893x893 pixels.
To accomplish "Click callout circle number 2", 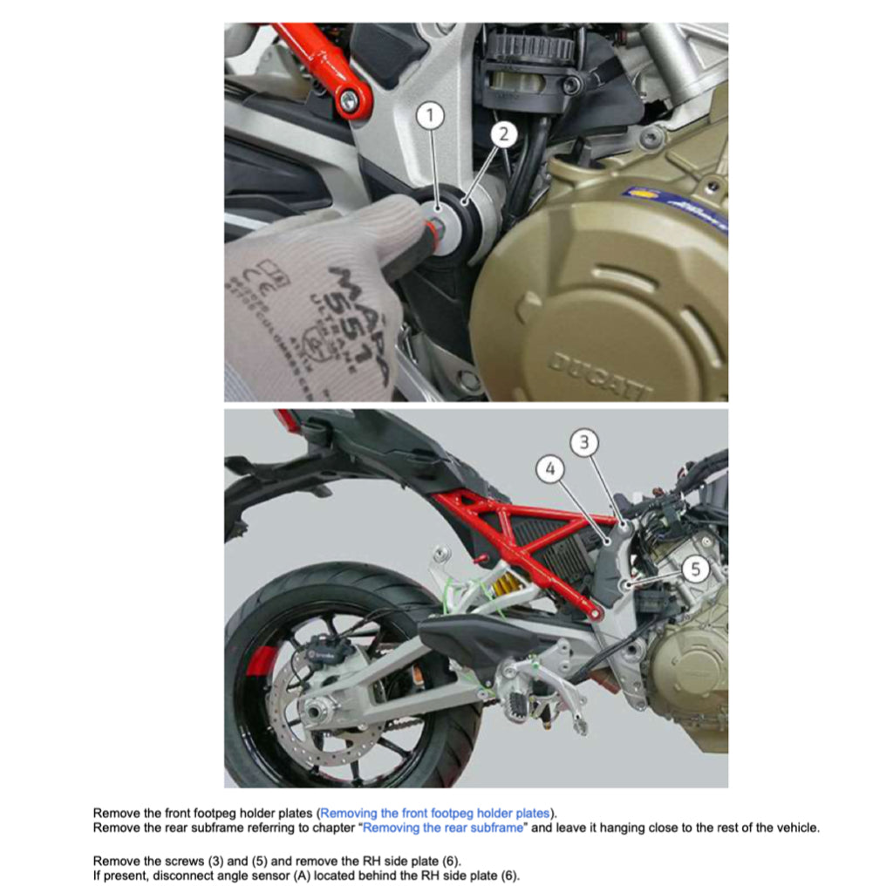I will (504, 134).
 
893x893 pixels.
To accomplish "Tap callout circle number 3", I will (585, 443).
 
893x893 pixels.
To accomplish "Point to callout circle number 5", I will (695, 569).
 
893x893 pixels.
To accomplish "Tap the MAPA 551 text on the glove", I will (353, 314).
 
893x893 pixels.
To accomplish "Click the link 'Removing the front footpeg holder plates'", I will (434, 813).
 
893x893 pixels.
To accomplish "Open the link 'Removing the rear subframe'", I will (442, 828).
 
